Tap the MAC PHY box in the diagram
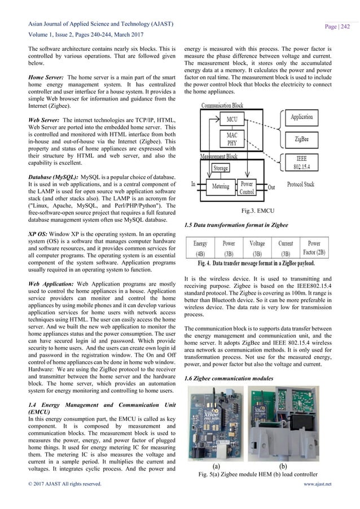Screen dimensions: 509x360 (x=231, y=139)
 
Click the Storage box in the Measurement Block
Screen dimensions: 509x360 (x=221, y=168)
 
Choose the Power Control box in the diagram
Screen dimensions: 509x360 (x=247, y=188)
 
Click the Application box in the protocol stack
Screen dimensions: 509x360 (x=302, y=117)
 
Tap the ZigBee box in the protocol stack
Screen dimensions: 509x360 (x=302, y=138)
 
